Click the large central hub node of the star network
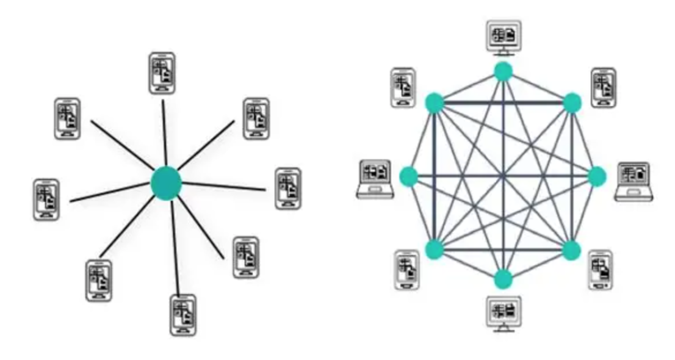(166, 182)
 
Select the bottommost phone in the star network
(182, 315)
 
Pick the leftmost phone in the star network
(46, 200)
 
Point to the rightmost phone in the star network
(288, 189)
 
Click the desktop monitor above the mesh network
(504, 37)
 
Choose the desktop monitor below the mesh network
(504, 312)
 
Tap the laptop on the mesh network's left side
(375, 178)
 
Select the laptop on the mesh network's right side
(634, 181)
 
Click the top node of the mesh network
(503, 72)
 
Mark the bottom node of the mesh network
(503, 279)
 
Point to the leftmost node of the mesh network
(408, 177)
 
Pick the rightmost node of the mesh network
(597, 177)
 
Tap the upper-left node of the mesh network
(434, 102)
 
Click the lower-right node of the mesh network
(571, 250)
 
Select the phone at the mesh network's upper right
(604, 88)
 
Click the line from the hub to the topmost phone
(164, 131)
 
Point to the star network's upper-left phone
(67, 118)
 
